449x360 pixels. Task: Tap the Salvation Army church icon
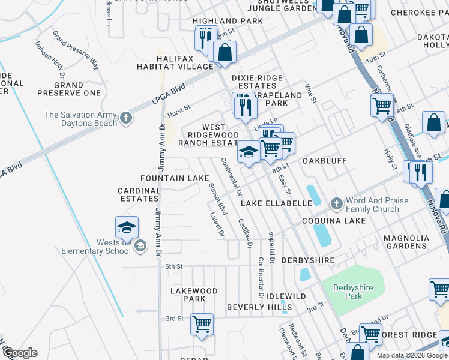[126, 118]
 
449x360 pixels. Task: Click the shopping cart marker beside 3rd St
[202, 324]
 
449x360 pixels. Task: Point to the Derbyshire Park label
[354, 292]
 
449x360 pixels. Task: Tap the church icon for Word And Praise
[336, 205]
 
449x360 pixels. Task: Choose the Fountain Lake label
[175, 178]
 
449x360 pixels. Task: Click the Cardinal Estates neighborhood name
[139, 195]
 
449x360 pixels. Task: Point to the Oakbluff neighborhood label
[325, 161]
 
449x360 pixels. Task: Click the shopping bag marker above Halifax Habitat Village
[224, 52]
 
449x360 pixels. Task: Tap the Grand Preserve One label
[69, 89]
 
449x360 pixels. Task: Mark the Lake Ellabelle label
[276, 203]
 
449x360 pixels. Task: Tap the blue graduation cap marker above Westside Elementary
[127, 227]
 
